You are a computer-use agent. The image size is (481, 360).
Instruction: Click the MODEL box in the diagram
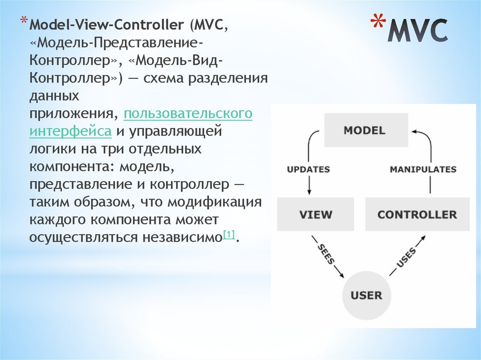(364, 130)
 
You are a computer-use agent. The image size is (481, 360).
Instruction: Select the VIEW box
(315, 215)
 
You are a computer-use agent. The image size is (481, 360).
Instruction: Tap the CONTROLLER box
(417, 215)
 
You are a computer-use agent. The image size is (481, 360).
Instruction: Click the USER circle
(366, 295)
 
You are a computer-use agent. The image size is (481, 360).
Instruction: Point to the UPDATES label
(308, 169)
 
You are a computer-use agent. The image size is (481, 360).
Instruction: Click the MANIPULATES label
(423, 169)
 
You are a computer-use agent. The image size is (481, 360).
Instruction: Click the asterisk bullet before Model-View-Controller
(23, 22)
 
